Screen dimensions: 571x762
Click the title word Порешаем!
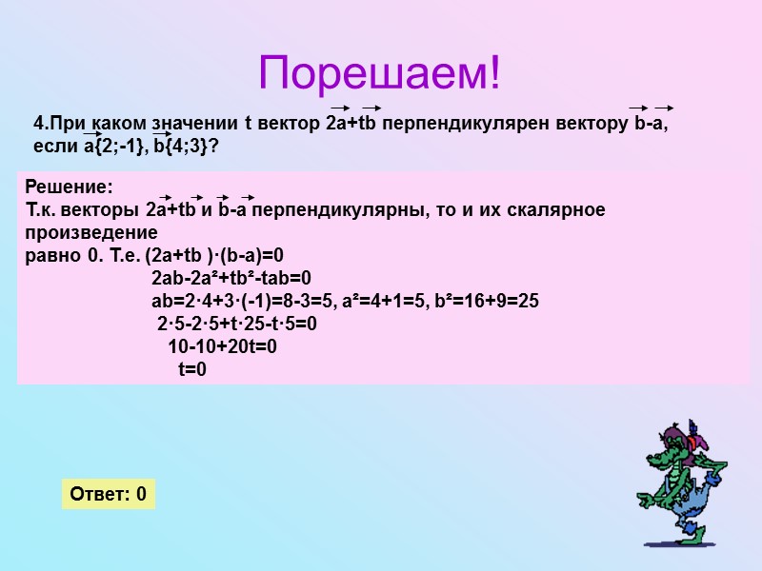pyautogui.click(x=380, y=74)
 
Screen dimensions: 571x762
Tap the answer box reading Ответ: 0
pyautogui.click(x=109, y=494)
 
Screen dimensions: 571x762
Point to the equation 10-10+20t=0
pyautogui.click(x=222, y=347)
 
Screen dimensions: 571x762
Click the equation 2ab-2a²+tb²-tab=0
pyautogui.click(x=231, y=279)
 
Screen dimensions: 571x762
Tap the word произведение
pyautogui.click(x=91, y=232)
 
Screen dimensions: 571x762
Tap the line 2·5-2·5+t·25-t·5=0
pyautogui.click(x=236, y=325)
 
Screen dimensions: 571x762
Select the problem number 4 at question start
pyautogui.click(x=38, y=125)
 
